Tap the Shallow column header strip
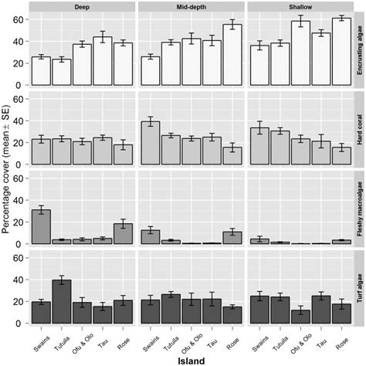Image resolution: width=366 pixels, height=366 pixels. pos(299,6)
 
